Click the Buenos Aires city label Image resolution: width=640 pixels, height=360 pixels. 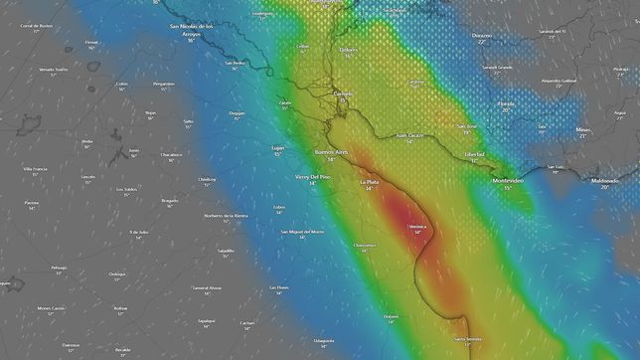point(331,153)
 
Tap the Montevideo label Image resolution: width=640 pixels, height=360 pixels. point(513,181)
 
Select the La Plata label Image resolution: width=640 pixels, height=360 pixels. point(369,183)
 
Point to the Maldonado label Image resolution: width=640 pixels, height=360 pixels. point(604,181)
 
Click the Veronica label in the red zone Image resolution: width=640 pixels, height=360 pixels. point(417,227)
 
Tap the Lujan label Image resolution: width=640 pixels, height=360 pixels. point(277,147)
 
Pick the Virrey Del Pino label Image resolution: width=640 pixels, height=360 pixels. point(313,177)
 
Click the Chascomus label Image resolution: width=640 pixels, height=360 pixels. point(365,245)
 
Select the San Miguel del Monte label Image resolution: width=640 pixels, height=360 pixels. point(303,232)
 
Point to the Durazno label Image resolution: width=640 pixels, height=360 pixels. point(482,36)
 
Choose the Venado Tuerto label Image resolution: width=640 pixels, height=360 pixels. point(53,70)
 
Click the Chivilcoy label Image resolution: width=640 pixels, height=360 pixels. point(207,179)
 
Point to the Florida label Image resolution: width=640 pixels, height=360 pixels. point(506,103)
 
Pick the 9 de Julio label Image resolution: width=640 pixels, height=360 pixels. point(138,232)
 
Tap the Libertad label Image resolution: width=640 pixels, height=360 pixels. point(474,155)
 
